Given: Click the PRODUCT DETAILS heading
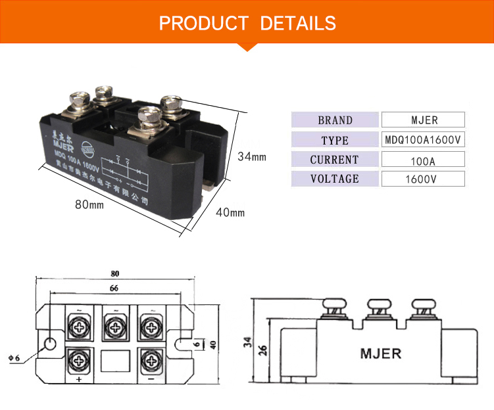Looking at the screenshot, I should [x=247, y=23].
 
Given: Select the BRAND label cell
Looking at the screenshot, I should [x=335, y=120].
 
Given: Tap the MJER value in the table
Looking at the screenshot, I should [x=423, y=120].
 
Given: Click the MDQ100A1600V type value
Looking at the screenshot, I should [x=423, y=140].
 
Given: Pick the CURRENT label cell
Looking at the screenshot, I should [x=335, y=160].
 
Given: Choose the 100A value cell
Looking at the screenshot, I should [x=423, y=160].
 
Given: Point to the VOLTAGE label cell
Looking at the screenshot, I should [x=335, y=179].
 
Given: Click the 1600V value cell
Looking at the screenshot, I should [x=423, y=179].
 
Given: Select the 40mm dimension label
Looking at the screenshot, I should [x=230, y=212].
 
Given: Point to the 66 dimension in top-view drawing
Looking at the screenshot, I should [x=115, y=288].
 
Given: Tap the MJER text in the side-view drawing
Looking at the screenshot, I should [x=380, y=353].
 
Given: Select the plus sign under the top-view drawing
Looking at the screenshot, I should [x=80, y=380].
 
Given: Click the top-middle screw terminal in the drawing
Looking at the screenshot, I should [x=115, y=325].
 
